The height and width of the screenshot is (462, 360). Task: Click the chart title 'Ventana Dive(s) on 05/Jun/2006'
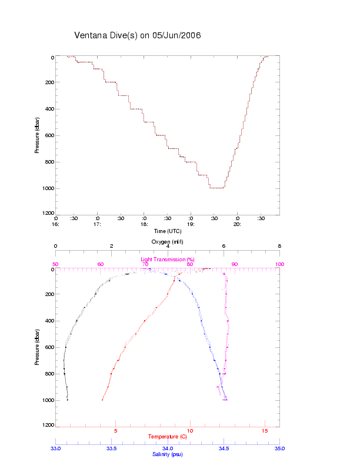[138, 35]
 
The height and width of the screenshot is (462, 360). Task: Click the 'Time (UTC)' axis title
[168, 231]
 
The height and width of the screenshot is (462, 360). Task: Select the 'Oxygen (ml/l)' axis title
[168, 241]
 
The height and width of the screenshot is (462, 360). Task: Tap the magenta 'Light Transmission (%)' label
[168, 259]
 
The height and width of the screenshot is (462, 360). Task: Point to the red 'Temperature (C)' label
[168, 437]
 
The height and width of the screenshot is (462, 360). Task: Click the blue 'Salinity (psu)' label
[168, 454]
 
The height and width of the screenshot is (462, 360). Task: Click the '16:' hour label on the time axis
[56, 224]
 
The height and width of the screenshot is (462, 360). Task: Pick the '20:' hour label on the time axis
[237, 224]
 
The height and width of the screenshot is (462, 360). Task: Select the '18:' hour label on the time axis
[144, 224]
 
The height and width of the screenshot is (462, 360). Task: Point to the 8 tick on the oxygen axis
[279, 247]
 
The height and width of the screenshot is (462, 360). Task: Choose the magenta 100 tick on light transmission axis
[279, 264]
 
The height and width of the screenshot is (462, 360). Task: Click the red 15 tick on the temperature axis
[265, 431]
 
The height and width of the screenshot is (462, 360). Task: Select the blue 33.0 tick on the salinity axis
[56, 448]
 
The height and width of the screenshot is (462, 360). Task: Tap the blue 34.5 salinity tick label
[224, 448]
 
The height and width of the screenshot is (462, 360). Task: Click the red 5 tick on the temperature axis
[115, 431]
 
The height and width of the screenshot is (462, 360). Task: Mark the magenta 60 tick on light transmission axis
[101, 264]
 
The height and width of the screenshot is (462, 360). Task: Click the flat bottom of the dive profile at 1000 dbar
[217, 188]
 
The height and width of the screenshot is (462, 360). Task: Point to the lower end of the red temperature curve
[102, 400]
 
